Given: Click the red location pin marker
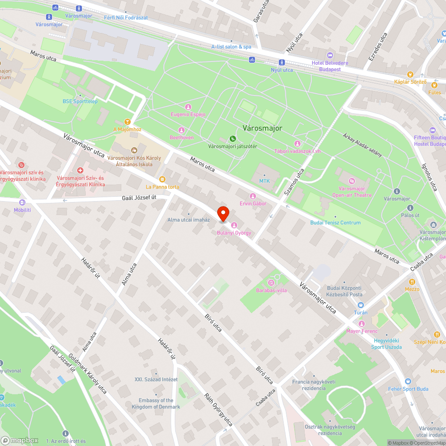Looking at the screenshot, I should pyautogui.click(x=223, y=214).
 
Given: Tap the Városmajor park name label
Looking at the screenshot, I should pyautogui.click(x=262, y=128).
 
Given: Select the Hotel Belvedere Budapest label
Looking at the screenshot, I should pyautogui.click(x=330, y=66).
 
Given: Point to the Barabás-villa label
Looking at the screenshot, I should pyautogui.click(x=271, y=290).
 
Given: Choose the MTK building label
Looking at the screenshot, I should pyautogui.click(x=265, y=181).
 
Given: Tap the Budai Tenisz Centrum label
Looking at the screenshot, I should pyautogui.click(x=335, y=223).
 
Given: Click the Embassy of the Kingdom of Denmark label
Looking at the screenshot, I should pyautogui.click(x=156, y=404).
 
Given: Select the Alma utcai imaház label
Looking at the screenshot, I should pyautogui.click(x=189, y=219).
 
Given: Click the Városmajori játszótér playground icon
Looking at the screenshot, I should pyautogui.click(x=232, y=138).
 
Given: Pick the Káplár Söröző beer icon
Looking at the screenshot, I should pyautogui.click(x=410, y=74).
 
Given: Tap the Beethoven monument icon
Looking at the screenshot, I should pyautogui.click(x=182, y=130).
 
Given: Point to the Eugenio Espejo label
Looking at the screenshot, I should pyautogui.click(x=188, y=114).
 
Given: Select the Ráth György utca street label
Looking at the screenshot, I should pyautogui.click(x=219, y=409).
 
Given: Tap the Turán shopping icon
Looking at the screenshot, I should pyautogui.click(x=360, y=305).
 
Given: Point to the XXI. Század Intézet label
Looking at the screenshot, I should pyautogui.click(x=156, y=380).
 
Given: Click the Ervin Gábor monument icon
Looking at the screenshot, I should pyautogui.click(x=253, y=196).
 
